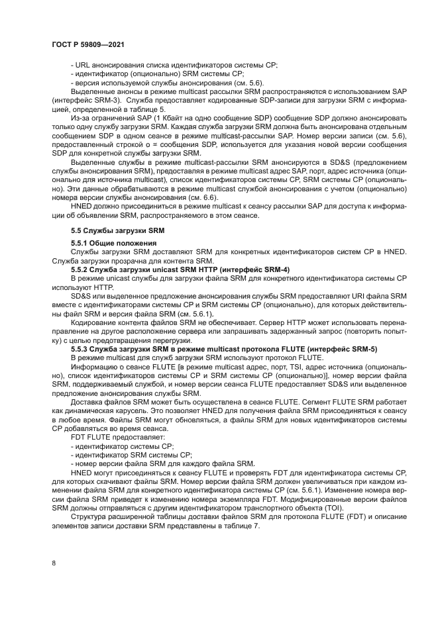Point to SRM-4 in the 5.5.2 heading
point(273,269)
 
